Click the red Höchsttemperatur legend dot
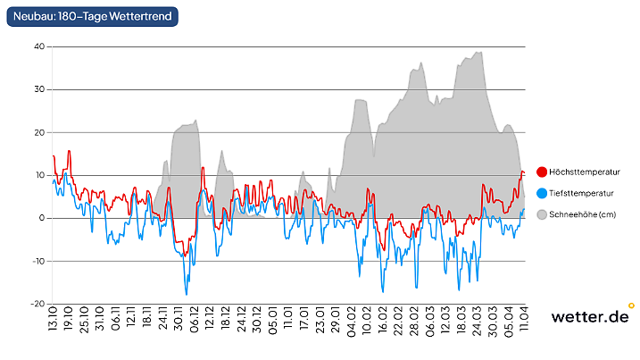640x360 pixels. tap(541, 172)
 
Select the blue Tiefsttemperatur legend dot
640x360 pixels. tap(541, 193)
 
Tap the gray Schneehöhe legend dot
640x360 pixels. tap(541, 214)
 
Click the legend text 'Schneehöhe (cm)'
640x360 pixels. tap(582, 214)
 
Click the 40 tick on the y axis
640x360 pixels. tap(39, 46)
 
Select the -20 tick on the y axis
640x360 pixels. tap(37, 304)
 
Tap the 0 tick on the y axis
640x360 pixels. tap(42, 218)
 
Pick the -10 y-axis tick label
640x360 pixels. tap(37, 261)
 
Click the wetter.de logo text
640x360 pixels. tap(588, 317)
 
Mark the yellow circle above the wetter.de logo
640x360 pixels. tap(631, 306)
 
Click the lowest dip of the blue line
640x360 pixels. tap(187, 294)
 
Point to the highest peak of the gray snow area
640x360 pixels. tap(480, 52)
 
